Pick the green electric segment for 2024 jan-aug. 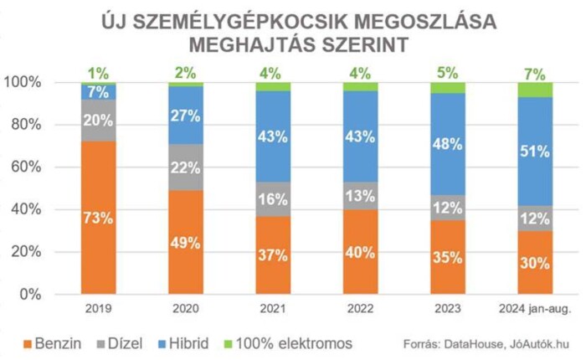tap(535, 89)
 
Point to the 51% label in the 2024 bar tap(535, 152)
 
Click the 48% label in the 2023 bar tap(448, 144)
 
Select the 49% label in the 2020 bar tap(186, 243)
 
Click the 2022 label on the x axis tap(361, 309)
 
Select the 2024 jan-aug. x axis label tap(535, 309)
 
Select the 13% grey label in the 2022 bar tap(361, 199)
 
